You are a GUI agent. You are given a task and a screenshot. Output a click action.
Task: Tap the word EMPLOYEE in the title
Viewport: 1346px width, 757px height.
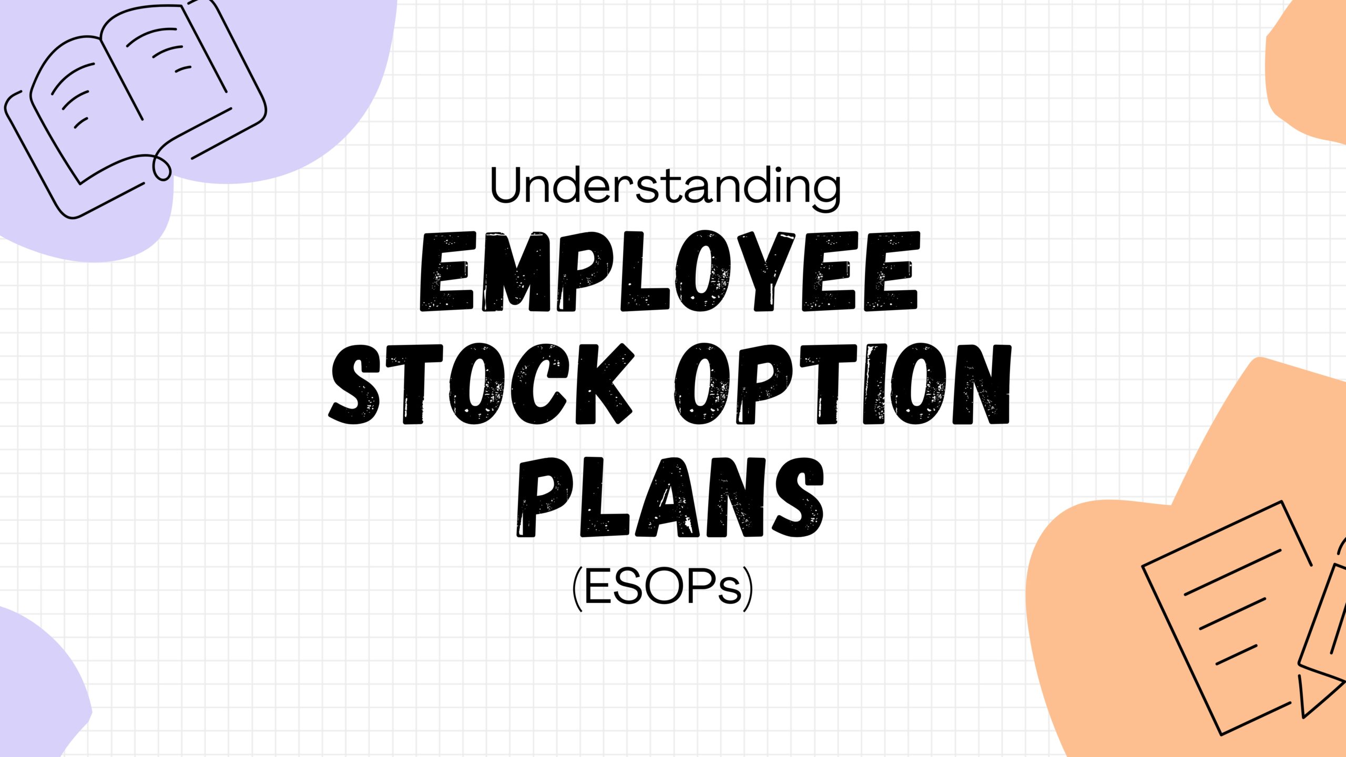(669, 272)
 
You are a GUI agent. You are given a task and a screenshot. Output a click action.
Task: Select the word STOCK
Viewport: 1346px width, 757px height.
(481, 384)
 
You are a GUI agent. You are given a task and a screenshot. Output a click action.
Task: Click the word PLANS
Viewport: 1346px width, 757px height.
(670, 497)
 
